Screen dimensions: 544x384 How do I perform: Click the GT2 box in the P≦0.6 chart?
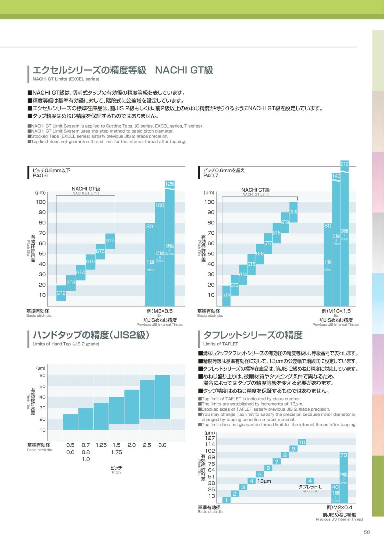(61, 293)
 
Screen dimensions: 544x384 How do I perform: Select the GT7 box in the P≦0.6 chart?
(110, 241)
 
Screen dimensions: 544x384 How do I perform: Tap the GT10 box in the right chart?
(293, 212)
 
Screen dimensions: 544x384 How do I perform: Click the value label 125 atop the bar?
(170, 184)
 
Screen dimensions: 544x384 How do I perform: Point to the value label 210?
(344, 164)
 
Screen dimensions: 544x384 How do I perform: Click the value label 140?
(336, 176)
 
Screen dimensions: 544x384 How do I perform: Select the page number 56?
(367, 532)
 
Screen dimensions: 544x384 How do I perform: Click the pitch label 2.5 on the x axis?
(147, 445)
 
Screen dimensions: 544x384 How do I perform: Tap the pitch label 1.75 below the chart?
(116, 452)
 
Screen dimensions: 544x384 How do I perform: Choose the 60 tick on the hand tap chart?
(43, 375)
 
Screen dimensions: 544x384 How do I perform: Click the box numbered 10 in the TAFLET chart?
(302, 442)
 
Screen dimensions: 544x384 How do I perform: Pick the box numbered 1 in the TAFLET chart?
(226, 500)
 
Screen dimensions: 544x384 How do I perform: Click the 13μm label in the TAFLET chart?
(264, 481)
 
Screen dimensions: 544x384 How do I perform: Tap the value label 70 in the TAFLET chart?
(344, 455)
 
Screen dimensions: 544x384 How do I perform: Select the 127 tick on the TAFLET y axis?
(210, 438)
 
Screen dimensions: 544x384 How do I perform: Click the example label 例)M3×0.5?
(160, 311)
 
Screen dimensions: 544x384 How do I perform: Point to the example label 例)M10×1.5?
(336, 311)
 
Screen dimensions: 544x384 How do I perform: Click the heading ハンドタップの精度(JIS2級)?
(91, 335)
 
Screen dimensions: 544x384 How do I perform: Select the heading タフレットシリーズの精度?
(253, 335)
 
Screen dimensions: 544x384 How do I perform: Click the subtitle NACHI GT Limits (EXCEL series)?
(66, 79)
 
